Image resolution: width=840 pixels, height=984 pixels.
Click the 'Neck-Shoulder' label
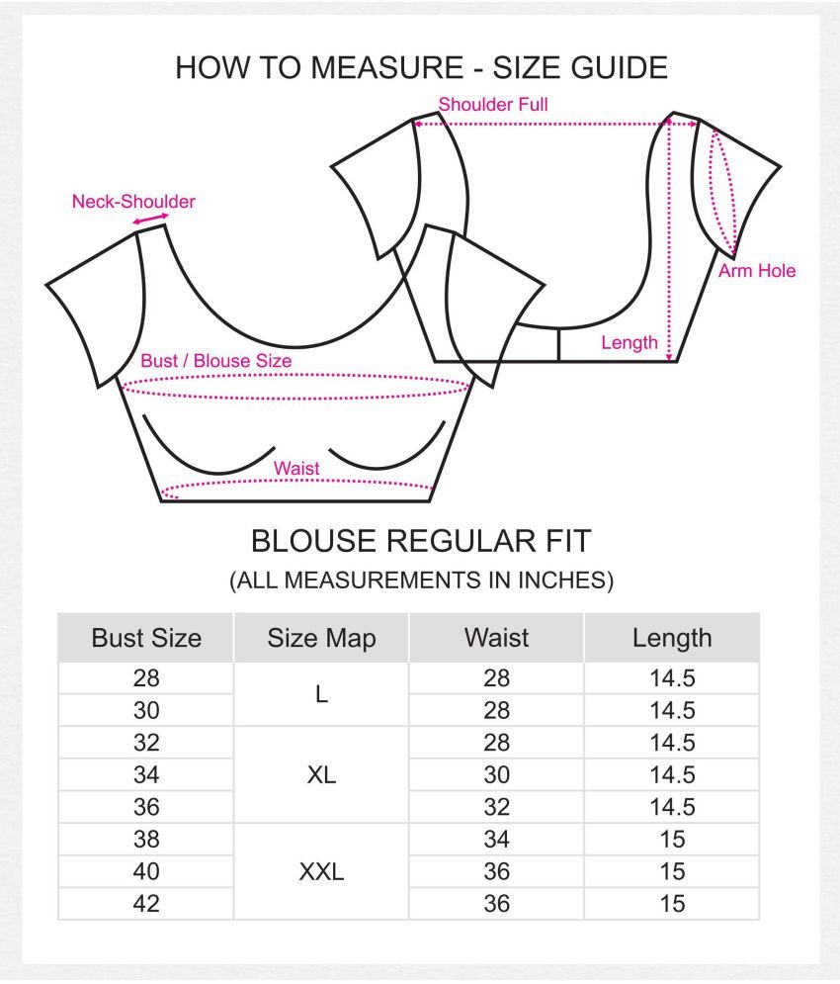[133, 202]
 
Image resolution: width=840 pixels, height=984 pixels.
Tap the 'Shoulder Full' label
[493, 104]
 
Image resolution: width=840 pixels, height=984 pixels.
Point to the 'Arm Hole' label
[757, 270]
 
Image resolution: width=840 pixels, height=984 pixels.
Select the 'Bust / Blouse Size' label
[215, 361]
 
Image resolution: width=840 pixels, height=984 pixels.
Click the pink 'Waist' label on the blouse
[296, 468]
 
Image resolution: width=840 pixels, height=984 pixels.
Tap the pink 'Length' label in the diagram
[630, 342]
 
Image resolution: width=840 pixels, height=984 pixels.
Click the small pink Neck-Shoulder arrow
[150, 219]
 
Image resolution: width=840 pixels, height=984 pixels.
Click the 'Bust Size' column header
[146, 638]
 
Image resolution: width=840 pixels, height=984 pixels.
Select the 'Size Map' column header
[321, 638]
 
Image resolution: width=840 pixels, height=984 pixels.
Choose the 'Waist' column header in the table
[496, 638]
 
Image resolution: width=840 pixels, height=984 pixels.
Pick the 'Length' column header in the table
[672, 639]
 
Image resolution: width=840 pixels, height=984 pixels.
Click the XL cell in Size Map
[321, 775]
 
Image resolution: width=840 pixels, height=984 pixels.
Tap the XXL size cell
[321, 871]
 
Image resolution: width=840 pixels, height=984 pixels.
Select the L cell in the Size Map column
[321, 694]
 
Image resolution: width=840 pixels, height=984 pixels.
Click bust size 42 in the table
[146, 904]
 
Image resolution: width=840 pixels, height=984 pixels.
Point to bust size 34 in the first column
[146, 775]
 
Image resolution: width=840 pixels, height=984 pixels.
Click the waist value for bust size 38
[496, 839]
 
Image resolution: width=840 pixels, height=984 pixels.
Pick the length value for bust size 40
[672, 871]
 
